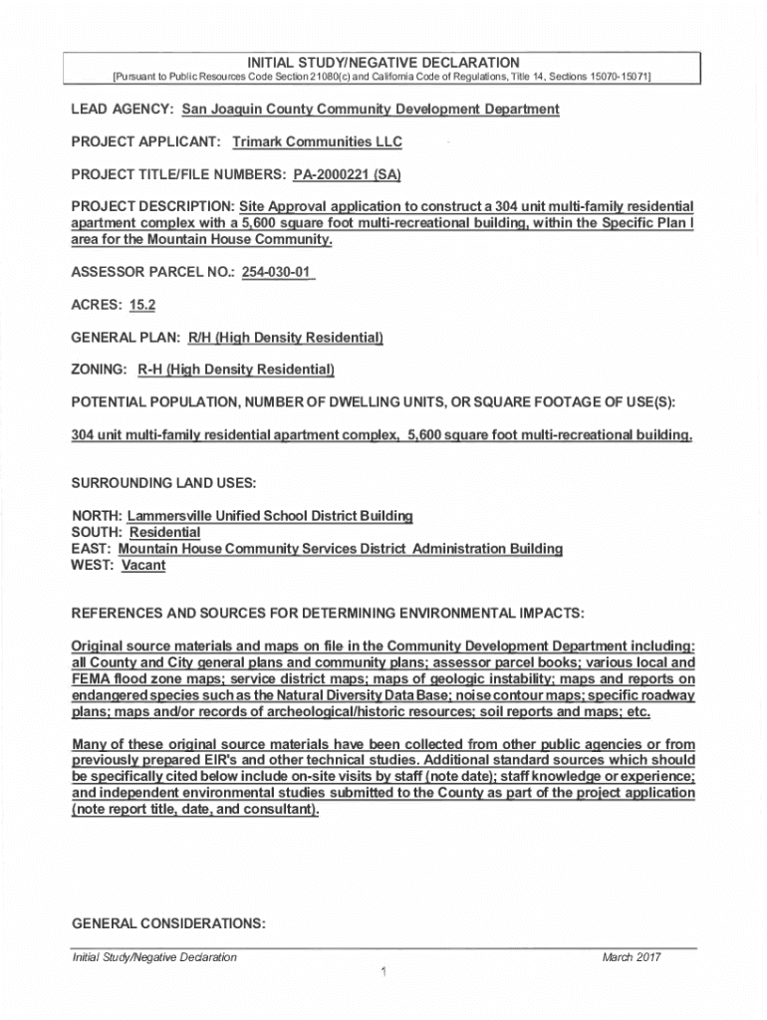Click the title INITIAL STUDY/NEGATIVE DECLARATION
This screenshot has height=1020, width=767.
pyautogui.click(x=383, y=63)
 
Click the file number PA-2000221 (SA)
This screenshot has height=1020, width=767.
pyautogui.click(x=347, y=175)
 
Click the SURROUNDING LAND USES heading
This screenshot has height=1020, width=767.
pyautogui.click(x=164, y=483)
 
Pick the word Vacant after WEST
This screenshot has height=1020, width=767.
pyautogui.click(x=143, y=565)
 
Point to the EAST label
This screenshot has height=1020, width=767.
pyautogui.click(x=92, y=549)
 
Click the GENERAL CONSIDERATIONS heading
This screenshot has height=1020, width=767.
pyautogui.click(x=168, y=923)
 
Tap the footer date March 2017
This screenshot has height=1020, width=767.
pyautogui.click(x=632, y=957)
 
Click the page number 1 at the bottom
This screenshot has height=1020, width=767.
pyautogui.click(x=383, y=973)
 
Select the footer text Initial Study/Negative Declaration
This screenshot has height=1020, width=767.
pyautogui.click(x=154, y=957)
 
